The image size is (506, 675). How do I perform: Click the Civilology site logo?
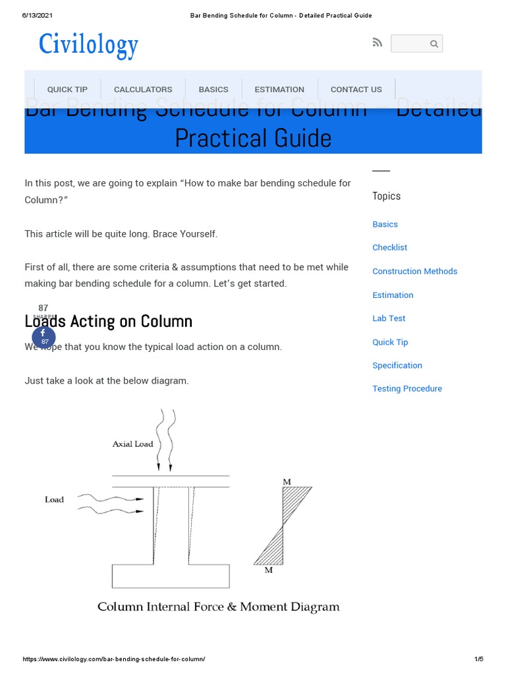coord(88,45)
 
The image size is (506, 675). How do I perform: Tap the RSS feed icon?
coord(377,43)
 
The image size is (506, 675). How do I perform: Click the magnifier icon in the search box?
coord(434,44)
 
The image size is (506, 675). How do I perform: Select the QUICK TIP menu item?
coord(67,90)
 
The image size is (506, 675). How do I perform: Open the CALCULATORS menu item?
coord(143,90)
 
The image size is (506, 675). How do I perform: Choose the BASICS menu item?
coord(213,90)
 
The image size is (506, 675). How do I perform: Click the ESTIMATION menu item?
coord(279,90)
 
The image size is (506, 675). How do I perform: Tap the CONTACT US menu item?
coord(356,90)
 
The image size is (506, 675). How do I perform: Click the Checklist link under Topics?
coord(389,248)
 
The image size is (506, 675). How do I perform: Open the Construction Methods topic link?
coord(414,272)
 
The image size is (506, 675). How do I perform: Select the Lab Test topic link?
coord(389,318)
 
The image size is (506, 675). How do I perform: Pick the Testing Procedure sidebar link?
coord(407,389)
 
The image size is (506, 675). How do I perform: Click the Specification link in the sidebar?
coord(397,365)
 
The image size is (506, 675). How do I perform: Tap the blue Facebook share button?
coord(44,337)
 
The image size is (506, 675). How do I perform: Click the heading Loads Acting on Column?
coord(109,322)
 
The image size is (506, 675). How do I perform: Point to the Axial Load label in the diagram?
coord(132,444)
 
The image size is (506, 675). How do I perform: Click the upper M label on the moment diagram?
coord(287,482)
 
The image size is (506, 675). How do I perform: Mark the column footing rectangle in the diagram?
coord(171,576)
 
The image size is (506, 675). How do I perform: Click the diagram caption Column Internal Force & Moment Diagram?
coord(219,607)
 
